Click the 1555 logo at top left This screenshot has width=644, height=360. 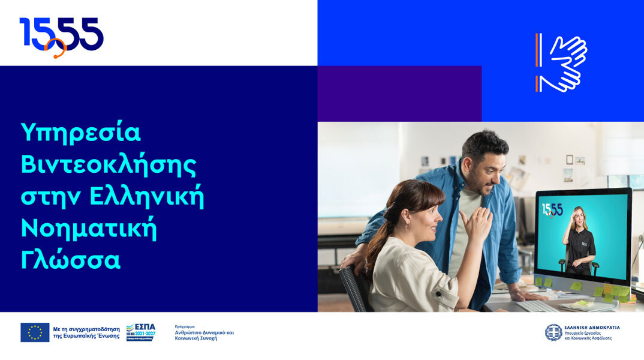tap(61, 34)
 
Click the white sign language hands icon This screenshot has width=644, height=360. tap(562, 62)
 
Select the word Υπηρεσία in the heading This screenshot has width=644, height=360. tap(81, 133)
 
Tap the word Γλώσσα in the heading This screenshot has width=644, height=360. tap(71, 260)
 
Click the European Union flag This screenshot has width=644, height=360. tap(35, 332)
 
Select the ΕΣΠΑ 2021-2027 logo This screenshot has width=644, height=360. tap(140, 332)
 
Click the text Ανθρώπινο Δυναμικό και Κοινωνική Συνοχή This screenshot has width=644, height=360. tap(204, 335)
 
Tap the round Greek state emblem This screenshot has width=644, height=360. tap(553, 332)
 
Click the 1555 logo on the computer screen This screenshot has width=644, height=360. tap(552, 209)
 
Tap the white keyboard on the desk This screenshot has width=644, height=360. tap(537, 306)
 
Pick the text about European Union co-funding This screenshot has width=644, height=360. tap(86, 332)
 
